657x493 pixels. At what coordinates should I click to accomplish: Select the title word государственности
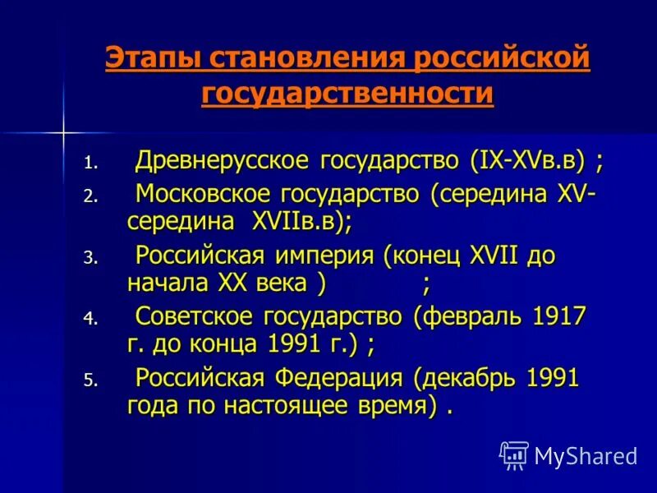pos(347,94)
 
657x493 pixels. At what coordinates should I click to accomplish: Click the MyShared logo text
pos(585,454)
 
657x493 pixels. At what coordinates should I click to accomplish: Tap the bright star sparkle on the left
pos(63,130)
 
